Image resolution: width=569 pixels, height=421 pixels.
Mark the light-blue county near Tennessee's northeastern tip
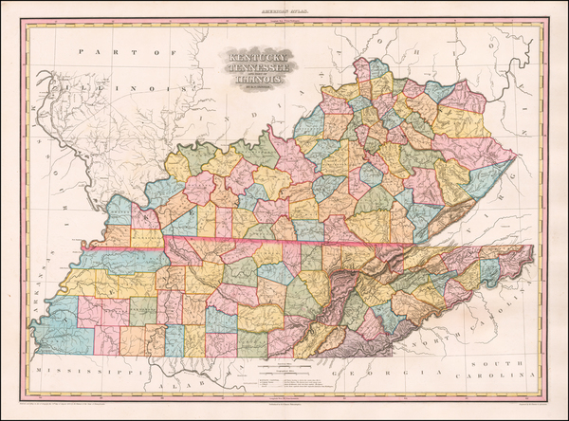490,270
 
